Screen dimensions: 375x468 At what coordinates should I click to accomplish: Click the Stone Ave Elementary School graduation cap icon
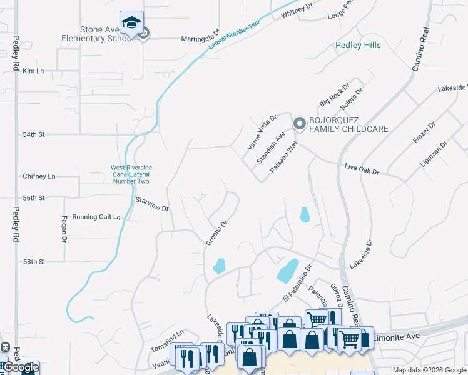[x=131, y=23]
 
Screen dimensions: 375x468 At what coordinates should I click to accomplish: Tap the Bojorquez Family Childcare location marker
[x=299, y=124]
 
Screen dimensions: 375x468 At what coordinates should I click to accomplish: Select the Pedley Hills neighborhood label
[x=358, y=46]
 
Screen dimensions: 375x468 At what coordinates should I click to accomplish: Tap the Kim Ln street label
[x=33, y=71]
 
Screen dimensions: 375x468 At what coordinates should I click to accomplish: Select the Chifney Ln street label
[x=39, y=176]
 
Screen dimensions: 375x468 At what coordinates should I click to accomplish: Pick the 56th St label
[x=34, y=197]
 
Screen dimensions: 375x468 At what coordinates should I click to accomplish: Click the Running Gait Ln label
[x=96, y=217]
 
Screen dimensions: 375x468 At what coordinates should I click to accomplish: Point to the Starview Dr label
[x=153, y=204]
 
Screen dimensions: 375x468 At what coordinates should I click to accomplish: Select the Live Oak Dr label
[x=362, y=169]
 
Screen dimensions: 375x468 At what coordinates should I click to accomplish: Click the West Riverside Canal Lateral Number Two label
[x=131, y=174]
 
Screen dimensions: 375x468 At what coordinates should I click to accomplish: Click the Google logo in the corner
[x=21, y=367]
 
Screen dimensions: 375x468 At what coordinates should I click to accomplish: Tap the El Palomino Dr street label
[x=297, y=284]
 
